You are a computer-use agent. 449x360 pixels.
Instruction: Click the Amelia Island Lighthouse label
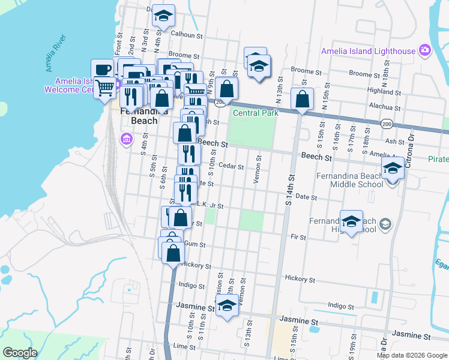(x=368, y=51)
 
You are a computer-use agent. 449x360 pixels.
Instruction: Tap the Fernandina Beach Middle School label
(x=349, y=180)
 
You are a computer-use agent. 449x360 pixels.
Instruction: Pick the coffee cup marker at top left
(x=103, y=69)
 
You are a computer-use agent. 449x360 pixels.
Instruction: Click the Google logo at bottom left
(x=20, y=353)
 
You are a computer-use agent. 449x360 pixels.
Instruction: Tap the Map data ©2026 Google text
(x=412, y=355)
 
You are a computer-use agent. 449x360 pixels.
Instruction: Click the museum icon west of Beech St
(x=126, y=140)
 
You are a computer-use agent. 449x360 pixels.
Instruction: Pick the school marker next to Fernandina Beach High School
(x=352, y=221)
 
